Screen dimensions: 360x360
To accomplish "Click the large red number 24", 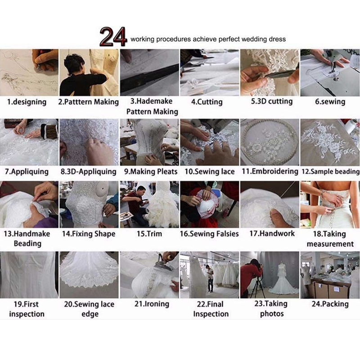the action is point(113,36).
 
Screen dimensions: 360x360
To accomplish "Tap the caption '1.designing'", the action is point(27,102).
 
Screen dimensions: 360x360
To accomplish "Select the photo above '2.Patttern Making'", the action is point(89,72).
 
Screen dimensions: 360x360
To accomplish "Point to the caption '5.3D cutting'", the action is point(272,101).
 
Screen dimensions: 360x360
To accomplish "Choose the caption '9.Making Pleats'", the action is point(151,171).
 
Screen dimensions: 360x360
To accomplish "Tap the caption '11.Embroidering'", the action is point(270,171).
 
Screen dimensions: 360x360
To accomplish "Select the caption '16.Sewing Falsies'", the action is point(209,234).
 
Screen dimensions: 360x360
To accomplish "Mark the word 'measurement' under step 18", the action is point(330,244).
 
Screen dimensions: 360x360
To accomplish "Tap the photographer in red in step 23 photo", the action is point(251,275).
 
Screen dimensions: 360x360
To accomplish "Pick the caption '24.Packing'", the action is point(330,304).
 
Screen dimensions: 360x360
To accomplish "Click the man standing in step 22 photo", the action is point(210,278).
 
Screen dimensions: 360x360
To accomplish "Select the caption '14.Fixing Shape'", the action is point(89,234).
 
